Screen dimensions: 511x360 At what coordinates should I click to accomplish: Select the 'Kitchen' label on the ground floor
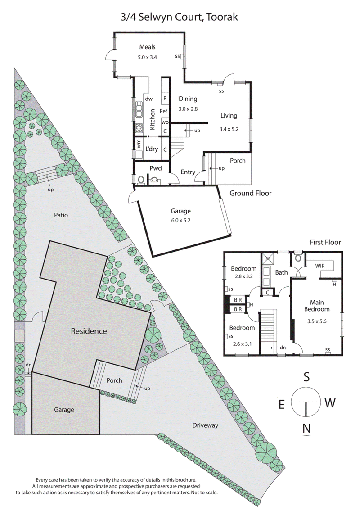153,119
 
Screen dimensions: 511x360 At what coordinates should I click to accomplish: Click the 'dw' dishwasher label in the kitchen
149,99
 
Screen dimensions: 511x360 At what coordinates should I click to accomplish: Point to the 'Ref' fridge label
164,111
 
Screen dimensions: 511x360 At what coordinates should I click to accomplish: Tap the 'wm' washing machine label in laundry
139,145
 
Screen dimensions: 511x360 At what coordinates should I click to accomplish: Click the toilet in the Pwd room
141,180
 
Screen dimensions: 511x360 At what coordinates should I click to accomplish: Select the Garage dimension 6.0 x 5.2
180,221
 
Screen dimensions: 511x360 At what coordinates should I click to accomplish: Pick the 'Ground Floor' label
251,193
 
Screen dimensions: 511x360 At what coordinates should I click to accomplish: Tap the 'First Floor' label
325,242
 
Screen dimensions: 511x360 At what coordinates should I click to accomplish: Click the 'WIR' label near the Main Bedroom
320,266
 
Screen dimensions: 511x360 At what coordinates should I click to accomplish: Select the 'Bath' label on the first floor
281,272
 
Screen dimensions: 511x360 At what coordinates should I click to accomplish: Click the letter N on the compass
306,429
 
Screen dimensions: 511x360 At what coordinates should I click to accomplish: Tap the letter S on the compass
306,376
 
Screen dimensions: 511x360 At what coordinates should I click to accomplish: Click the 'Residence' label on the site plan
89,331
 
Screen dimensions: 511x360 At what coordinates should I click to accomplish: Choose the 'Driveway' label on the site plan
205,425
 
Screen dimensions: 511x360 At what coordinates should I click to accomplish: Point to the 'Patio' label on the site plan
59,215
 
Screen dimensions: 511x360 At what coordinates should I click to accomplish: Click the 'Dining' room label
188,99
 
